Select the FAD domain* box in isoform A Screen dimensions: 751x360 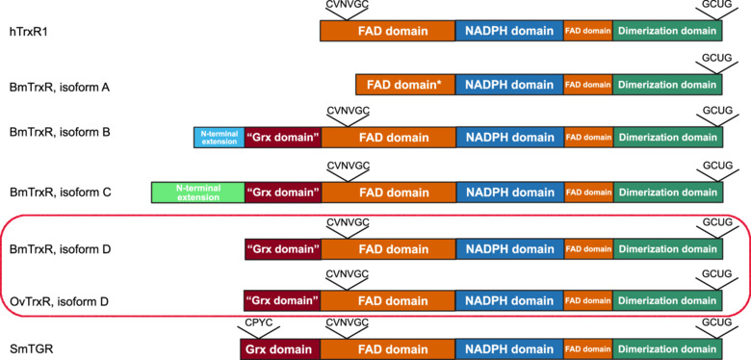pos(405,85)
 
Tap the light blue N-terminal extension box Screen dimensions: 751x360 pos(220,138)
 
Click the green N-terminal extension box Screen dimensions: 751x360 pos(197,193)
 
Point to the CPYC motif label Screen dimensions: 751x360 pos(259,322)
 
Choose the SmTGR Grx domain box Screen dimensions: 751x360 pos(281,349)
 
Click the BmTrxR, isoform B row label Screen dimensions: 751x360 pos(61,131)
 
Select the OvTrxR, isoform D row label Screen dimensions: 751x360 pos(60,301)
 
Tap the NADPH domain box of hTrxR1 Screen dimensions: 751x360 pos(509,31)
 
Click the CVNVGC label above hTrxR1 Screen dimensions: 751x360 pos(348,5)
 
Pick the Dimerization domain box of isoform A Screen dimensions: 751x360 pos(667,85)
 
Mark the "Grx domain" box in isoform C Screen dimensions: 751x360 pos(283,193)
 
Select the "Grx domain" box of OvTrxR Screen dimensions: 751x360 pos(282,300)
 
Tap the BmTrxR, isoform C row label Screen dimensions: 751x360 pos(61,193)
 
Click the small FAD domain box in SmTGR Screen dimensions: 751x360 pos(588,349)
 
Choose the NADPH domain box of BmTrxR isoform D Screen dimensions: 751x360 pos(510,249)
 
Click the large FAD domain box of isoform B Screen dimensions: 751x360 pos(388,138)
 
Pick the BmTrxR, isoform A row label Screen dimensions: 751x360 pos(61,88)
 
